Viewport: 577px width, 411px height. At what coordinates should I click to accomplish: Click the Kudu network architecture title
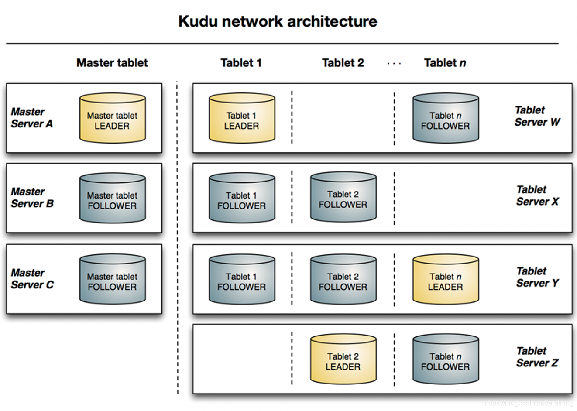[x=278, y=21]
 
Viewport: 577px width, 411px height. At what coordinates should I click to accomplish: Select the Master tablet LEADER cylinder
[x=113, y=118]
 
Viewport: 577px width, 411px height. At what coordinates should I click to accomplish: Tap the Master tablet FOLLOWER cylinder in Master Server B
[x=113, y=198]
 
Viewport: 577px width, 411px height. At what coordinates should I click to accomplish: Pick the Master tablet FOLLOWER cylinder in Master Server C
[x=113, y=279]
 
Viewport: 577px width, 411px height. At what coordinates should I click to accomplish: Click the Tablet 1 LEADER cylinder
[x=242, y=118]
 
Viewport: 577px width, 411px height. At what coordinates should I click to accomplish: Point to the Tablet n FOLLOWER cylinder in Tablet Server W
[x=446, y=118]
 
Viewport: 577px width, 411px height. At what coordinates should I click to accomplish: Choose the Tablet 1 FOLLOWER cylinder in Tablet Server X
[x=242, y=198]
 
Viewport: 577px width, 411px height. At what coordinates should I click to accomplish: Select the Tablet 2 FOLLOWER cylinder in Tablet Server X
[x=343, y=197]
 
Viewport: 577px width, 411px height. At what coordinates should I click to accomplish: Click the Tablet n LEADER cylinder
[x=446, y=279]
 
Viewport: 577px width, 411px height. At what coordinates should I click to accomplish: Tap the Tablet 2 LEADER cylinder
[x=343, y=359]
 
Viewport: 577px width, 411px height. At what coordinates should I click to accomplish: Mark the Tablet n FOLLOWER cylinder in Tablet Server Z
[x=446, y=359]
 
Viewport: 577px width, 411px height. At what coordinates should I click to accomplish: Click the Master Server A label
[x=32, y=118]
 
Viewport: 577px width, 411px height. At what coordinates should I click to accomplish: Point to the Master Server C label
[x=32, y=279]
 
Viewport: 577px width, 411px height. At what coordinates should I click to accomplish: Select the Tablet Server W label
[x=537, y=116]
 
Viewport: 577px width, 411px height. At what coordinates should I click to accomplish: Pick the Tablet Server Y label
[x=538, y=277]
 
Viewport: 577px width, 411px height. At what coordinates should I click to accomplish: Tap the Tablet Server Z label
[x=537, y=357]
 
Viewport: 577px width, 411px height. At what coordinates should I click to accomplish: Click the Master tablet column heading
[x=112, y=63]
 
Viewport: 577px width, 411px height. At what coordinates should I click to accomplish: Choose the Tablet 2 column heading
[x=343, y=63]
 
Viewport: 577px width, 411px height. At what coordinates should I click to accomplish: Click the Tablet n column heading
[x=445, y=63]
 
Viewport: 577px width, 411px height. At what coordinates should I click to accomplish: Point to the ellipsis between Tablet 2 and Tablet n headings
[x=394, y=64]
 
